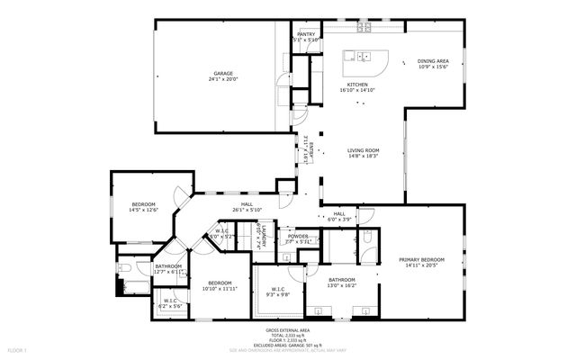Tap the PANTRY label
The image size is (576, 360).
(x=306, y=34)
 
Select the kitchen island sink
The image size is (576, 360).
(x=364, y=57)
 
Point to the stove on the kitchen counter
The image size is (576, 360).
(x=364, y=28)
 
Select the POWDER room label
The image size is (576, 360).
(x=297, y=238)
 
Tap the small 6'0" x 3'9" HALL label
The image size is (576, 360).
(x=339, y=214)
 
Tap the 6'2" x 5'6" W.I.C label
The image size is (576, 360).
(x=169, y=301)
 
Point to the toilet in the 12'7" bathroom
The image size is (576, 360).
(x=125, y=267)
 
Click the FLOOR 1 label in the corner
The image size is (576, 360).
(x=17, y=348)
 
